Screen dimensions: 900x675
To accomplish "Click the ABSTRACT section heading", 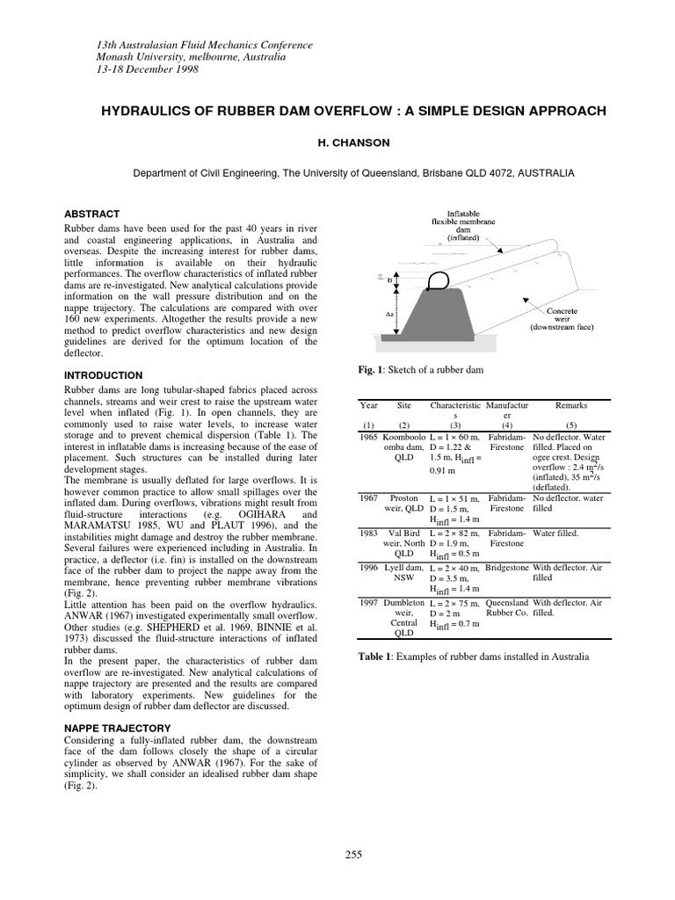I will click(92, 214).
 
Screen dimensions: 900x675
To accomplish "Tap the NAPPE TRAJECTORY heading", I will click(118, 729).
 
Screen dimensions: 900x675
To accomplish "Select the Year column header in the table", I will click(368, 405).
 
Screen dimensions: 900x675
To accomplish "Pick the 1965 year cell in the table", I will click(368, 436).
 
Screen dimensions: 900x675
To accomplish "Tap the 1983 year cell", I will click(368, 533).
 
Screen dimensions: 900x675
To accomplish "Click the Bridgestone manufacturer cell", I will click(506, 568).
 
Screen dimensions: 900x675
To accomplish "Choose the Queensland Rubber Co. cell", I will click(506, 608).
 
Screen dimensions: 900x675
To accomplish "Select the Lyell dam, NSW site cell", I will click(403, 573).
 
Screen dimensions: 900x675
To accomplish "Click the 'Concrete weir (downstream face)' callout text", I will click(562, 320).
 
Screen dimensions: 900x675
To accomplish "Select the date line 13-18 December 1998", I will click(148, 69).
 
